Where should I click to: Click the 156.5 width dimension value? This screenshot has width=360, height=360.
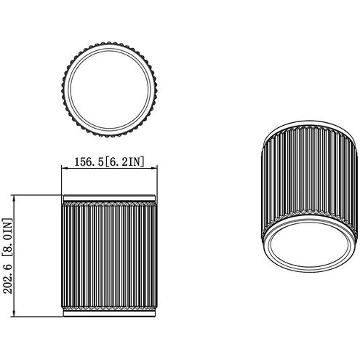click(x=89, y=161)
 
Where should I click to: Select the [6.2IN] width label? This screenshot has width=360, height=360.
click(x=124, y=161)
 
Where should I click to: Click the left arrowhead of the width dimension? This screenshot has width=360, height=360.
click(x=64, y=168)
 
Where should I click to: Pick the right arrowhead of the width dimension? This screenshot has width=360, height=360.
click(x=154, y=168)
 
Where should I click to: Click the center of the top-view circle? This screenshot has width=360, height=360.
click(x=110, y=89)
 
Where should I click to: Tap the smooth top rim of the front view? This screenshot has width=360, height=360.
click(x=109, y=198)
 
